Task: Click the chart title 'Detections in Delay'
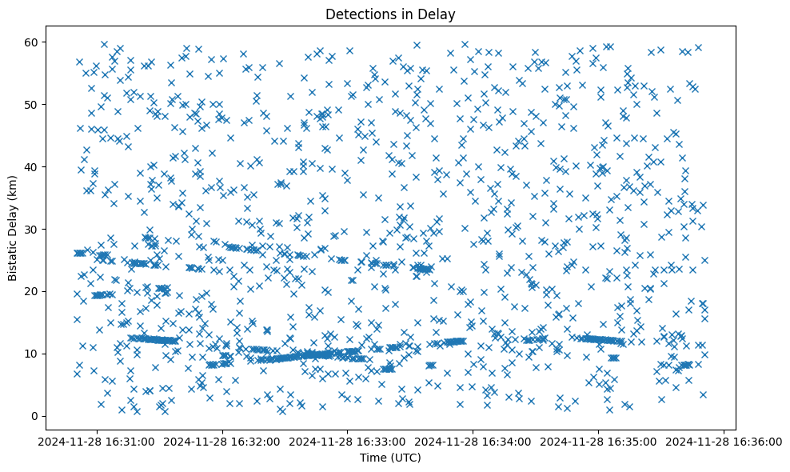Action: [390, 14]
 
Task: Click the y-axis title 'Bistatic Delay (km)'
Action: [14, 228]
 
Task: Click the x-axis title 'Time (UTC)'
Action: [390, 458]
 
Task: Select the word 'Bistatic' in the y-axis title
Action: [14, 259]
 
